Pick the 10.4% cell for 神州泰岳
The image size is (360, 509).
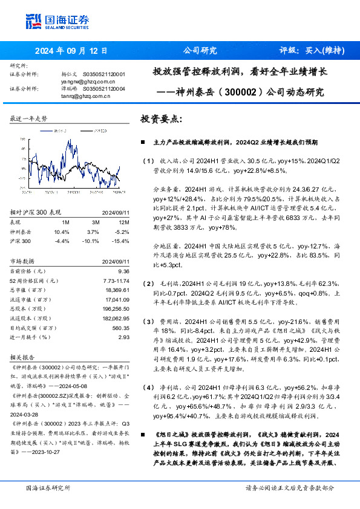62,232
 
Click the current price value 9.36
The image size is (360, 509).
124,271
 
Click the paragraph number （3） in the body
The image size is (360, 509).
149,321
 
